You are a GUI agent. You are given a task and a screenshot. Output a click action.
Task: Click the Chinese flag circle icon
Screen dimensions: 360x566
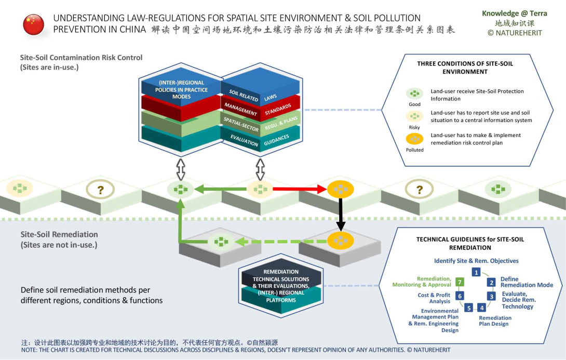(x=34, y=24)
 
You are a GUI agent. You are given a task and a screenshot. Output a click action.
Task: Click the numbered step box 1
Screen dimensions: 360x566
(x=476, y=272)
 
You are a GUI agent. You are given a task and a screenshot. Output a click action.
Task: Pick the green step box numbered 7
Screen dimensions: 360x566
(x=459, y=282)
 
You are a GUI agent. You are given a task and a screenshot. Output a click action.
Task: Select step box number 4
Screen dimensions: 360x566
(x=481, y=308)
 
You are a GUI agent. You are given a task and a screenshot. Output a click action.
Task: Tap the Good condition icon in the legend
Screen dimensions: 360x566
(x=414, y=94)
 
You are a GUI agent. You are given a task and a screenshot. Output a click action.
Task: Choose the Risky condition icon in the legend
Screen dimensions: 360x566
(x=414, y=116)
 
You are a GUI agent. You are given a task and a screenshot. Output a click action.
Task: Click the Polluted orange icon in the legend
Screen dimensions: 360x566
(x=414, y=139)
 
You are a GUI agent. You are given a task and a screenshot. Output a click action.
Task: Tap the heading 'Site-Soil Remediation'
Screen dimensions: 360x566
(x=59, y=235)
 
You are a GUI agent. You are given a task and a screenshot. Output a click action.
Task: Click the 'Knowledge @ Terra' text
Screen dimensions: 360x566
(x=514, y=14)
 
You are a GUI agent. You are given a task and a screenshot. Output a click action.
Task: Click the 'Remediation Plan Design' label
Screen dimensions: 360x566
(x=494, y=321)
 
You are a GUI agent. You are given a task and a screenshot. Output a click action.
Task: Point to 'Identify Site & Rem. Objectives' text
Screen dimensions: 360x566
(x=476, y=261)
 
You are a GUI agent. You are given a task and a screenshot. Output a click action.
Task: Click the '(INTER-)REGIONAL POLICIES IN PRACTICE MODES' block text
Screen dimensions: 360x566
(x=181, y=90)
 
